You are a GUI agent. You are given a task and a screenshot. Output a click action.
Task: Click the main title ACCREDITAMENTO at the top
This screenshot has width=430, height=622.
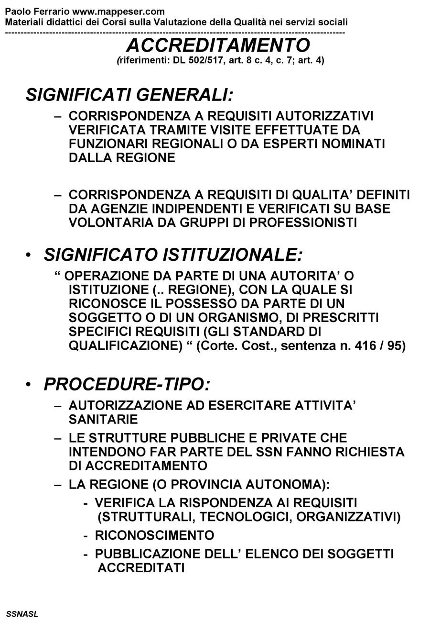coord(218,45)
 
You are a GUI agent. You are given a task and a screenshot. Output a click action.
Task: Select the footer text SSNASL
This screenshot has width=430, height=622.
coord(22,614)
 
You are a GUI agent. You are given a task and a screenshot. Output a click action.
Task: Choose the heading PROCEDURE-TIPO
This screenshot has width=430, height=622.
coord(127,384)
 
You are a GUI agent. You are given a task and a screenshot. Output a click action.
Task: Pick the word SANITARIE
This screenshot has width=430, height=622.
coord(103,420)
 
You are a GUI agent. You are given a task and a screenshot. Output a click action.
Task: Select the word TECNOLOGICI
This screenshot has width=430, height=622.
coord(239,517)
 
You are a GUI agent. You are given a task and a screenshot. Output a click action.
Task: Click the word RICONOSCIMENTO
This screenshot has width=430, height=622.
coord(154,535)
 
